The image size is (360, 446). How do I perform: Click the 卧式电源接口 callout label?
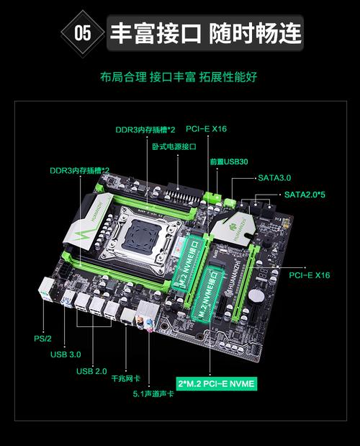click(174, 146)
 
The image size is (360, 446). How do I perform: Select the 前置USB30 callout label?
click(228, 161)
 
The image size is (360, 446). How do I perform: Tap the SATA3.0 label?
click(274, 177)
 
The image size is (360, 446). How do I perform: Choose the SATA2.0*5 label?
click(305, 194)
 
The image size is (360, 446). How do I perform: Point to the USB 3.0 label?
click(66, 354)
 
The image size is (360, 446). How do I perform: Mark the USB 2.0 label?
click(91, 371)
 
